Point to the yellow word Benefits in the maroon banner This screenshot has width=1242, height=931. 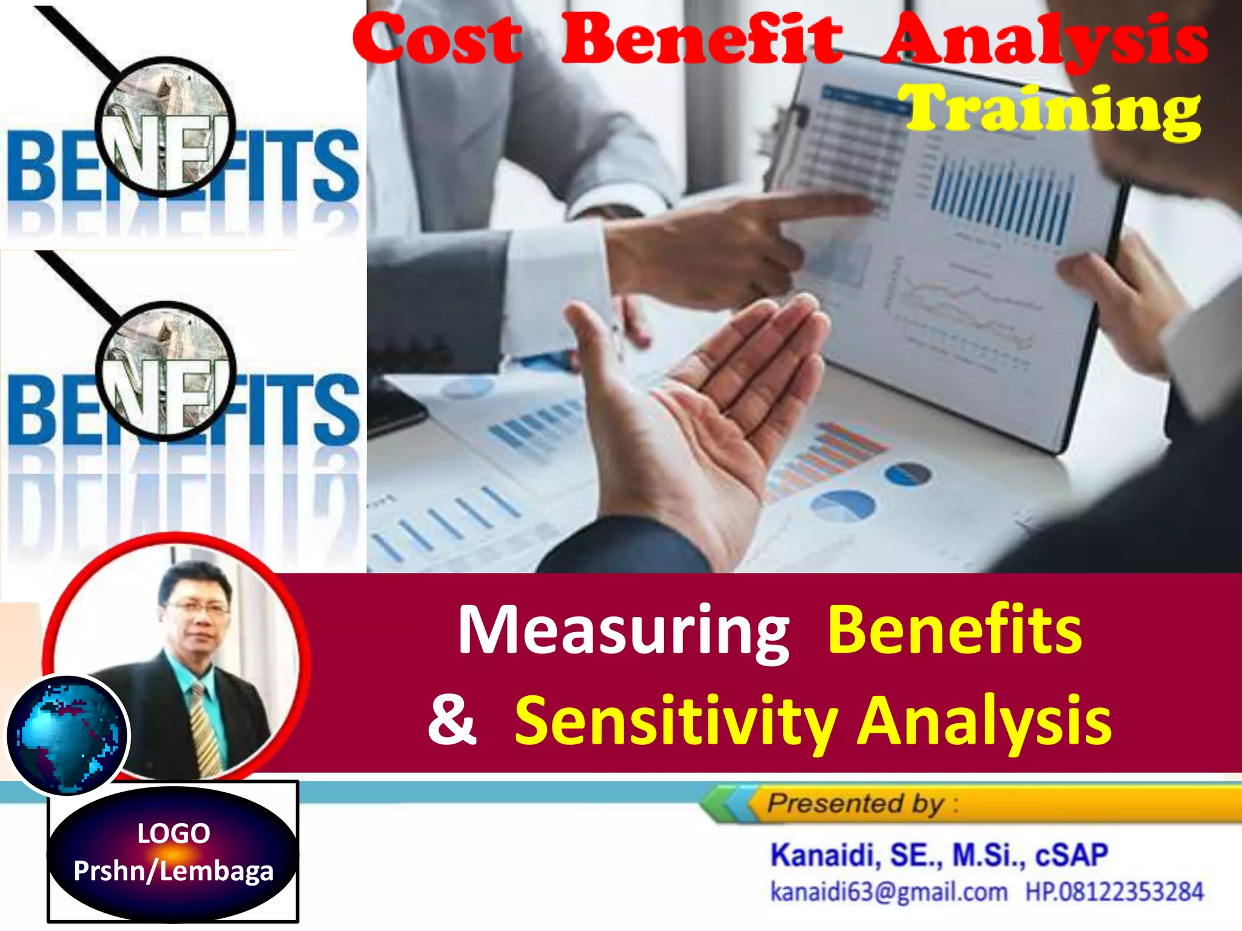[x=955, y=630]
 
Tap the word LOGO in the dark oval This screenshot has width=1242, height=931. [x=173, y=833]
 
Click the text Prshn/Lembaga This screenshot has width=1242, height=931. [x=173, y=871]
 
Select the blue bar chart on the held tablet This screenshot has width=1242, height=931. [x=1001, y=203]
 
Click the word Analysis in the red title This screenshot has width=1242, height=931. [x=1043, y=39]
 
